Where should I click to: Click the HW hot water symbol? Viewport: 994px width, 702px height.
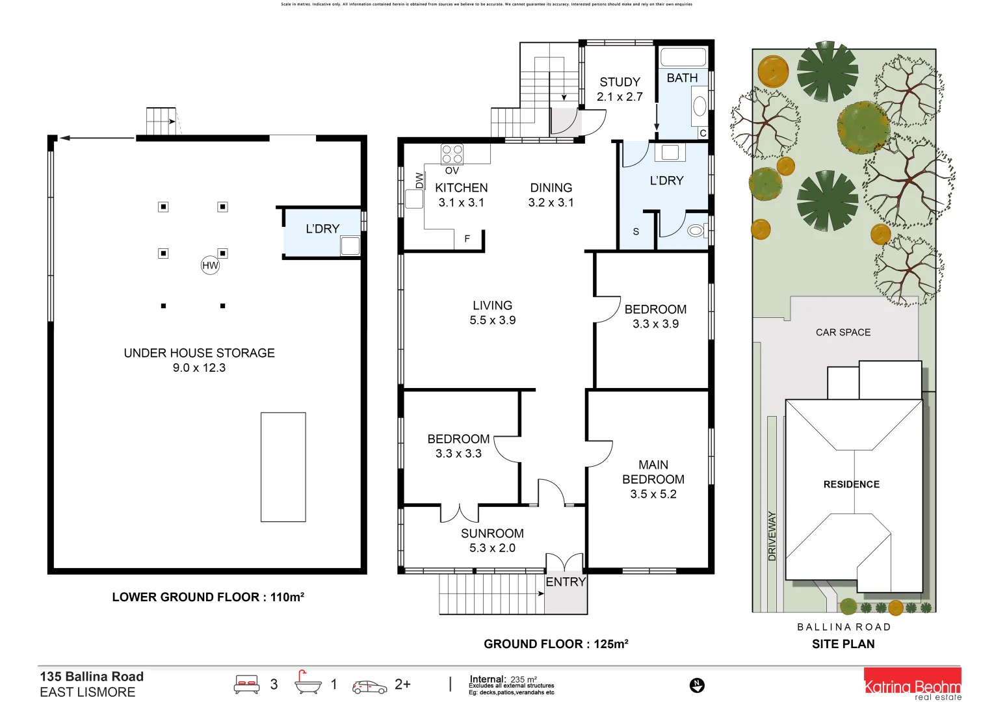(210, 265)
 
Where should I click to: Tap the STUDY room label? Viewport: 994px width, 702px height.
(620, 83)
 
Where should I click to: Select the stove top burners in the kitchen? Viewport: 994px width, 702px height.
(452, 154)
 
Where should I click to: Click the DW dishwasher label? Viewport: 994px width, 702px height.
(419, 180)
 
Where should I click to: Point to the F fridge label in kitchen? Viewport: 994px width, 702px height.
(467, 239)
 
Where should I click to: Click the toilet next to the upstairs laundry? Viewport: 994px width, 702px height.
(696, 229)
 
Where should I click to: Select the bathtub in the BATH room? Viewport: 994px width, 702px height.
(683, 57)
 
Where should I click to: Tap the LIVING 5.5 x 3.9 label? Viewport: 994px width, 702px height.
(492, 313)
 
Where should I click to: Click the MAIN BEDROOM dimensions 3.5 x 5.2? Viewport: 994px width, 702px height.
(653, 494)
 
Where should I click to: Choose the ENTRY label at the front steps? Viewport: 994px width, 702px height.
(566, 582)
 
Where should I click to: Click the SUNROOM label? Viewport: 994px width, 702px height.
(492, 533)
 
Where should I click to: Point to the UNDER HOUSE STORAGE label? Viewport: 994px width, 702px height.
(199, 353)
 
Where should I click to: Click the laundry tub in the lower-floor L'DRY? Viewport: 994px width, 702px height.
(350, 246)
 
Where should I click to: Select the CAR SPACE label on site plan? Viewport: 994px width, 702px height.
(843, 332)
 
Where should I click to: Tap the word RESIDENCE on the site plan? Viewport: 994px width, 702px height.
(851, 484)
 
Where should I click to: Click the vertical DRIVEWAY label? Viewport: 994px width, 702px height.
(772, 536)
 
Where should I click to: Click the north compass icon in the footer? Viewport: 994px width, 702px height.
(697, 684)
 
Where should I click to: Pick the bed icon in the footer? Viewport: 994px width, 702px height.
(247, 684)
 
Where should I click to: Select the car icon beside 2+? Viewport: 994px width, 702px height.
(369, 686)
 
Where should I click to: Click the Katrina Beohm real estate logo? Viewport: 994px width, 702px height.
(912, 685)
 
